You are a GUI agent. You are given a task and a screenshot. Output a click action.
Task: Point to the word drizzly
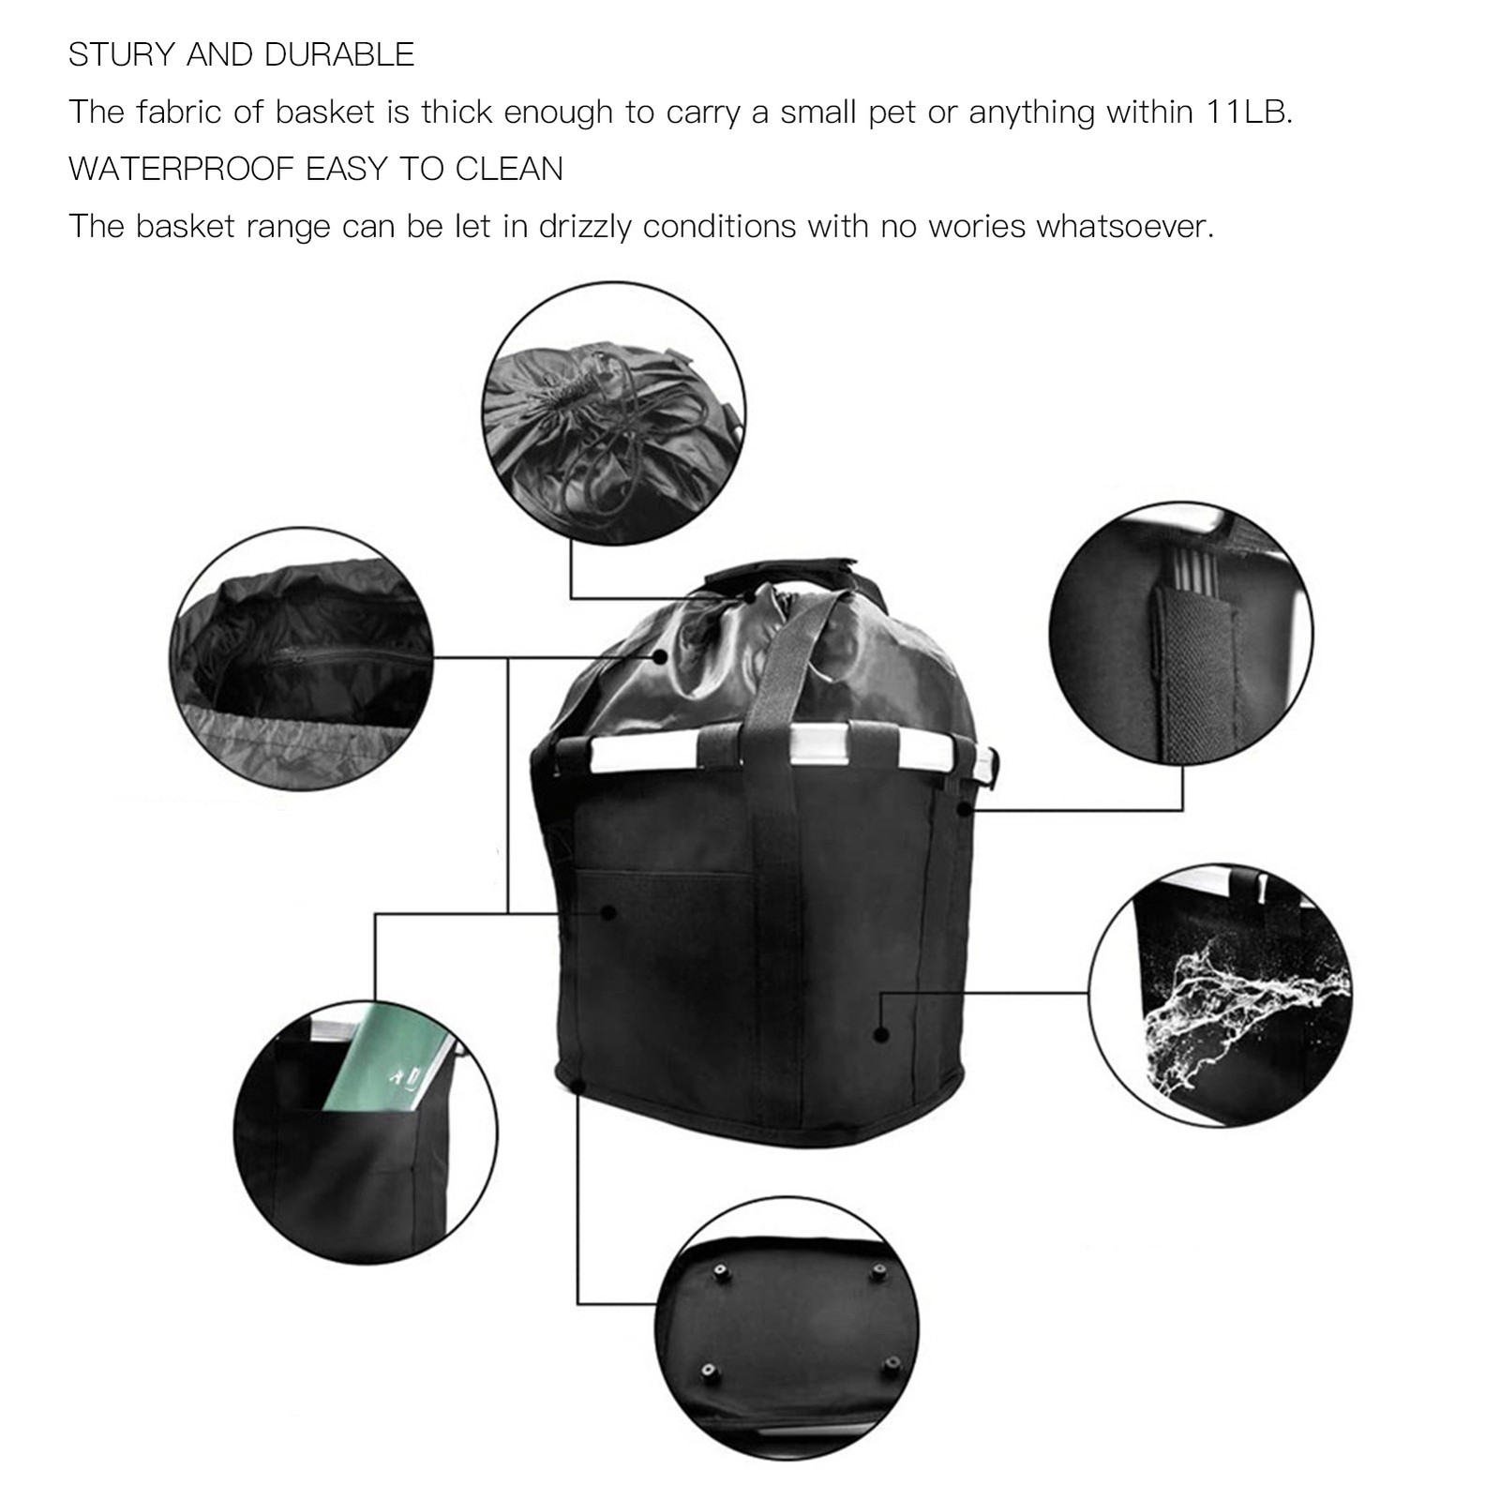tap(585, 227)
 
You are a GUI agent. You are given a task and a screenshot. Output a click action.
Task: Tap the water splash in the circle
tap(1242, 1012)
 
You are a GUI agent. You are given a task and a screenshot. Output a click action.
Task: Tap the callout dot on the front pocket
tap(608, 911)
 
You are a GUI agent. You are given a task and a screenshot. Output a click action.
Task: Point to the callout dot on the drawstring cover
tap(660, 657)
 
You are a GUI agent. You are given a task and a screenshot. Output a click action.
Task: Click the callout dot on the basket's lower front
tap(880, 1034)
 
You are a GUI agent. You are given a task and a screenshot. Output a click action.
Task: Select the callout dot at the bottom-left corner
tap(577, 1086)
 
